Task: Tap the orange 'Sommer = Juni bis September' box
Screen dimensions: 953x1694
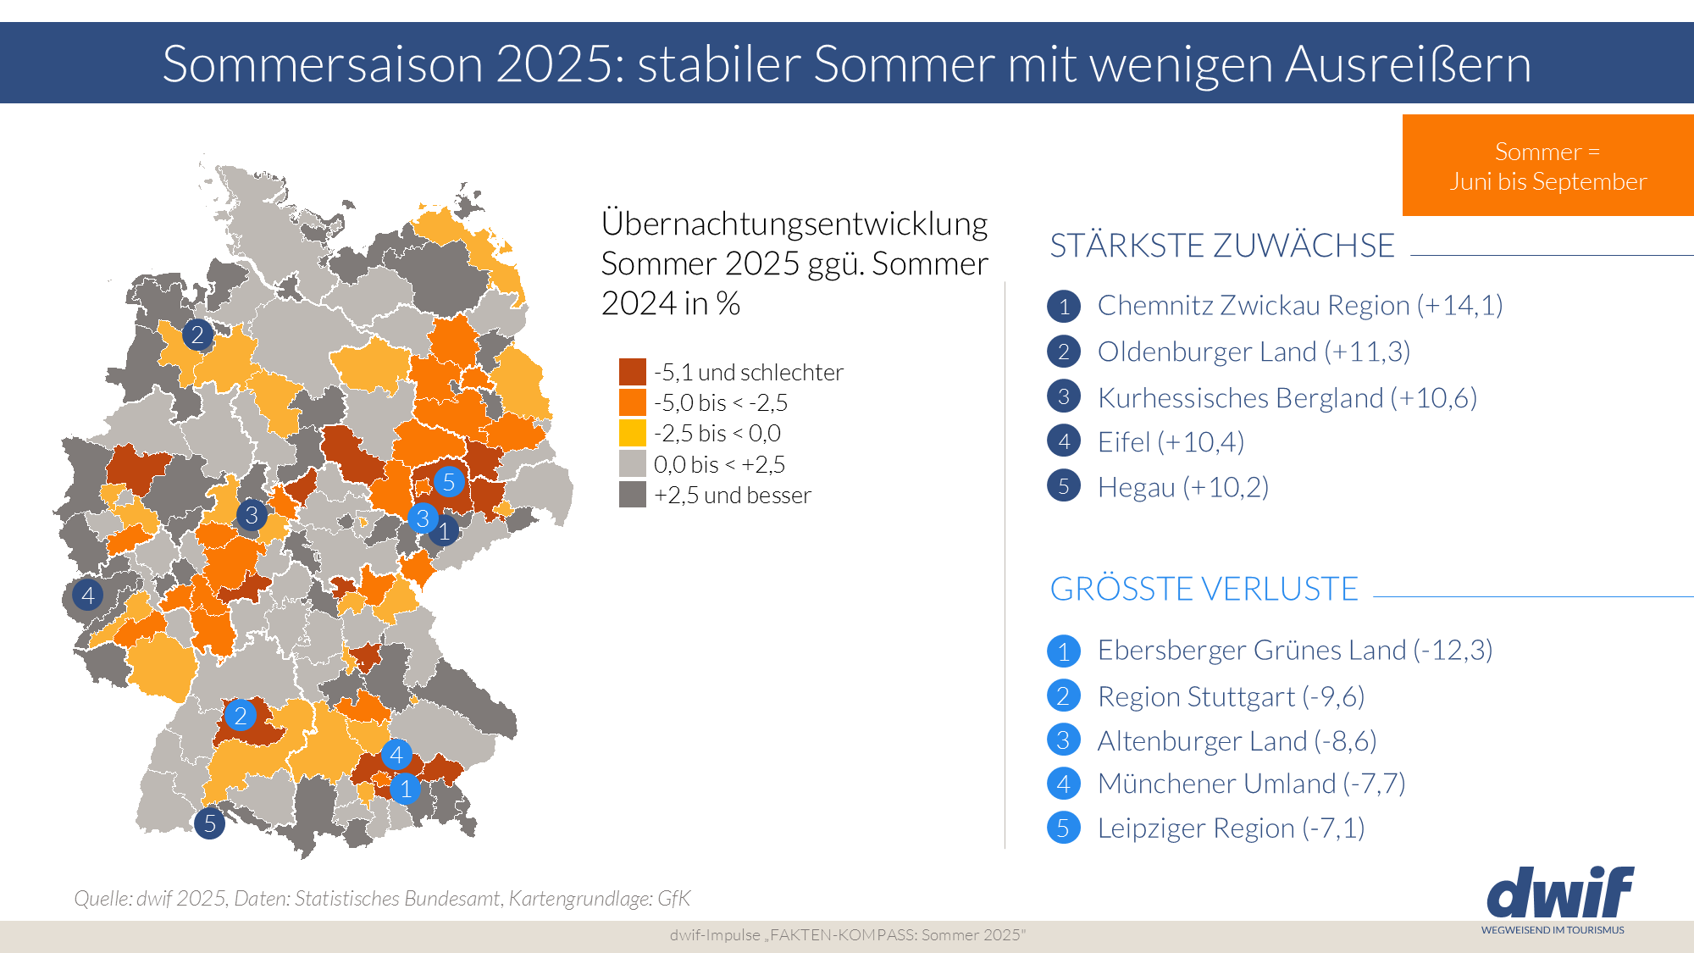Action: tap(1547, 166)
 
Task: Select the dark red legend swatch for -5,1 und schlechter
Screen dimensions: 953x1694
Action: tap(632, 372)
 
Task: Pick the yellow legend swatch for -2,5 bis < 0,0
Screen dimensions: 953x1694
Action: tap(632, 433)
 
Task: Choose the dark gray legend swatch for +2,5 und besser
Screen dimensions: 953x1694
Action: tap(632, 495)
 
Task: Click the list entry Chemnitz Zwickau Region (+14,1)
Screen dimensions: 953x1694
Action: tap(1299, 305)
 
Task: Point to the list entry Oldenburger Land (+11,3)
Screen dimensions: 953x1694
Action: tap(1253, 352)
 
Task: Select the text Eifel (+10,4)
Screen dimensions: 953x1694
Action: tap(1170, 442)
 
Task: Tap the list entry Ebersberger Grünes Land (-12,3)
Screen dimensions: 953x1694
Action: tap(1294, 651)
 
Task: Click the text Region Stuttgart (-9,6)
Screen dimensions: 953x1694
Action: tap(1230, 696)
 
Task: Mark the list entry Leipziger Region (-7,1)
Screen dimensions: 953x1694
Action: tap(1230, 828)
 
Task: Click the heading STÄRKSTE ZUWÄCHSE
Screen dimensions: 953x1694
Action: tap(1221, 246)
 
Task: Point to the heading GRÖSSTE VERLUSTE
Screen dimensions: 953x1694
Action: tap(1204, 589)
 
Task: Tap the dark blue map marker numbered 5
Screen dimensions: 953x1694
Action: tap(209, 823)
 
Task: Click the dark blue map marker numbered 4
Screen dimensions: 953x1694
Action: tap(87, 596)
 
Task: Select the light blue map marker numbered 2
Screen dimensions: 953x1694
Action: tap(241, 716)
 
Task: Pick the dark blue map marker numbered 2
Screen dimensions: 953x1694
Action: tap(197, 335)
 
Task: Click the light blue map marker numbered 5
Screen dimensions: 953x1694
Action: tap(449, 482)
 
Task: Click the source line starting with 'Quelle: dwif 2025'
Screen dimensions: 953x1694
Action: tap(382, 898)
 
